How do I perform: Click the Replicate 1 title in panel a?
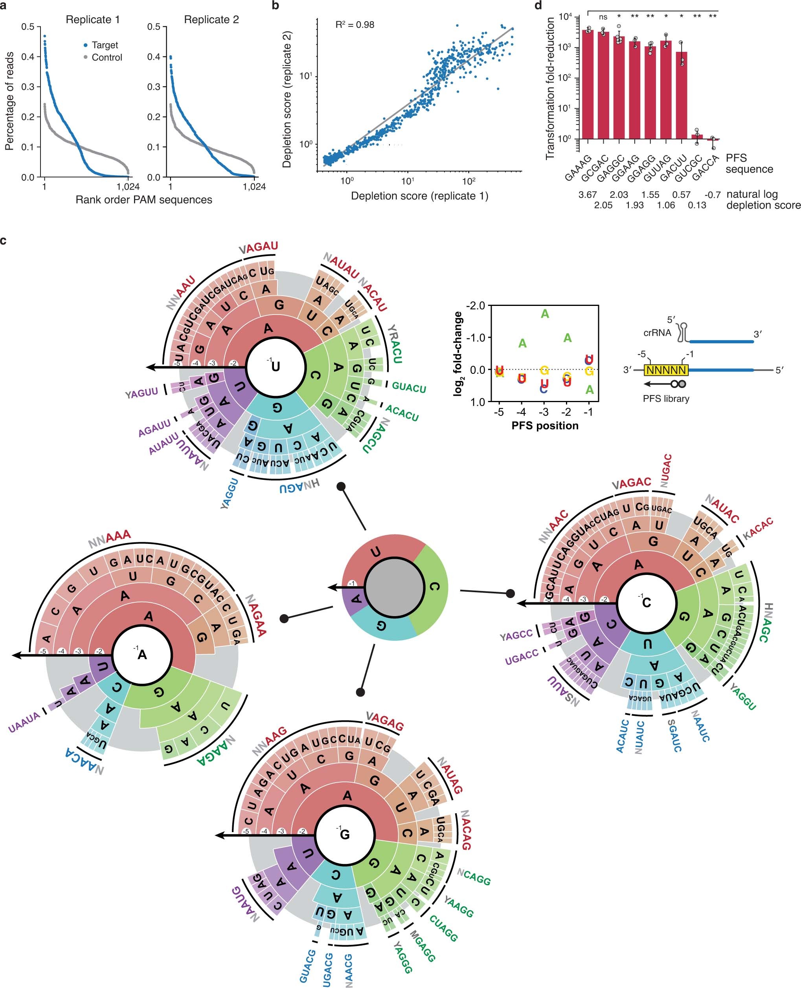pyautogui.click(x=93, y=20)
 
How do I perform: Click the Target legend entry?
pyautogui.click(x=104, y=45)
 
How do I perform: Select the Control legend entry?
pyautogui.click(x=107, y=58)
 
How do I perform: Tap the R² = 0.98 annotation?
pyautogui.click(x=355, y=25)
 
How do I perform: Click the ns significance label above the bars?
pyautogui.click(x=603, y=18)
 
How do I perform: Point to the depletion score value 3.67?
pyautogui.click(x=587, y=194)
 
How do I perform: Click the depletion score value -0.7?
pyautogui.click(x=713, y=194)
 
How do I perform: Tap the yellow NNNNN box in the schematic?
pyautogui.click(x=666, y=370)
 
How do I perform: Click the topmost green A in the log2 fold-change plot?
pyautogui.click(x=545, y=314)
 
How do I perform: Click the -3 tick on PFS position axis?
pyautogui.click(x=544, y=412)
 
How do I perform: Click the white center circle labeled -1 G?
pyautogui.click(x=344, y=834)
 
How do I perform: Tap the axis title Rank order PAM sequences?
pyautogui.click(x=143, y=199)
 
